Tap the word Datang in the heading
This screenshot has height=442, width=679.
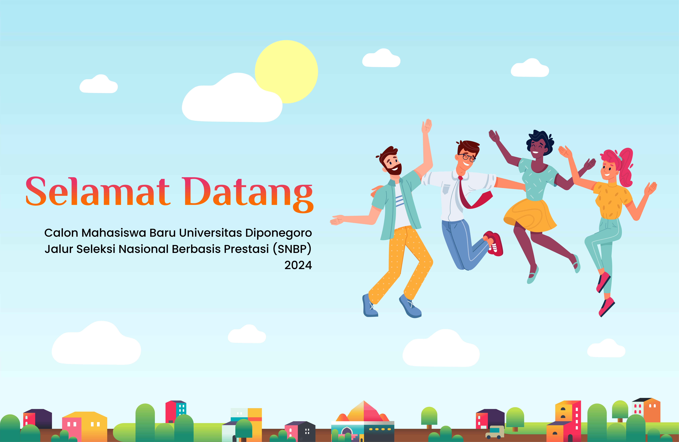pyautogui.click(x=248, y=194)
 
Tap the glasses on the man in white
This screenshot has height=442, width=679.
pyautogui.click(x=467, y=157)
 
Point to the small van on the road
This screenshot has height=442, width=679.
pyautogui.click(x=495, y=432)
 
